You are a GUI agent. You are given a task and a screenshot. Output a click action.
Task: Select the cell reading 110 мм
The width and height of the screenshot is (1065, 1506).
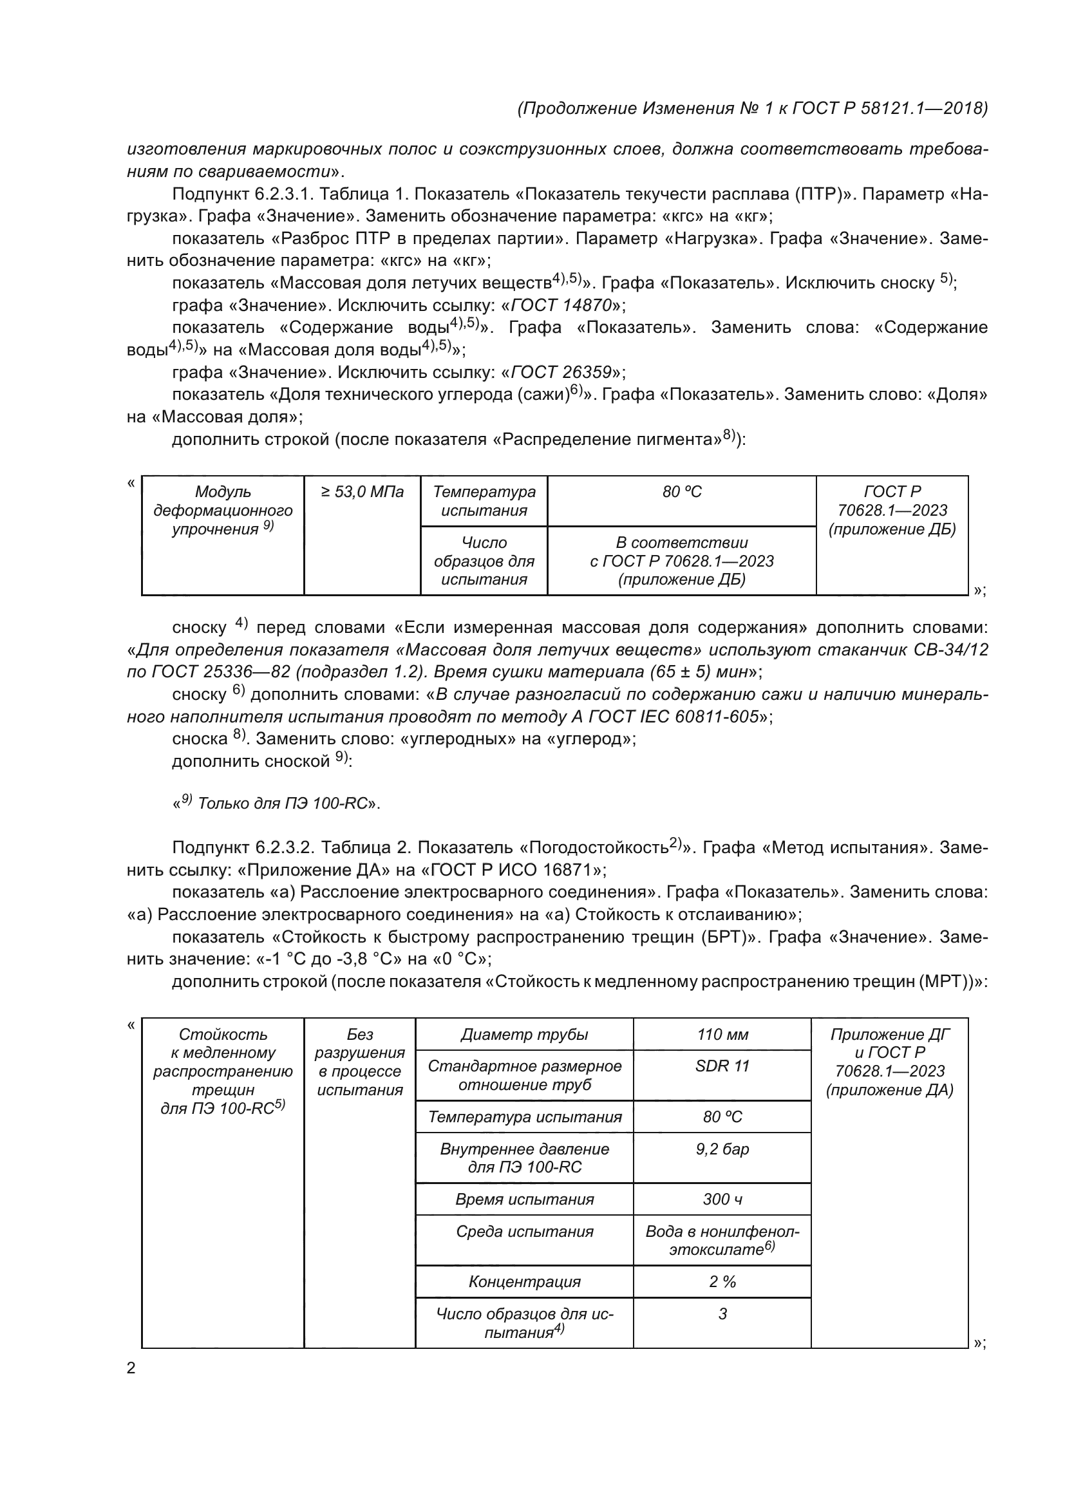click(x=722, y=1035)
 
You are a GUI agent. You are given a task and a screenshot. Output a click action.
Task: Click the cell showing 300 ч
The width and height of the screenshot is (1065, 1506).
click(x=722, y=1199)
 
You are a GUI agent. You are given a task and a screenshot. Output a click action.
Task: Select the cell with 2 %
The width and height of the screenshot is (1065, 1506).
click(x=722, y=1281)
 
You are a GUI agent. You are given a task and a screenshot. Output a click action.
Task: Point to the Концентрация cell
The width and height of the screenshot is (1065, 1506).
click(x=524, y=1281)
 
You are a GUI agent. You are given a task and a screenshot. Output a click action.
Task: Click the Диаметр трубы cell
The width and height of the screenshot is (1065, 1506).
click(x=524, y=1035)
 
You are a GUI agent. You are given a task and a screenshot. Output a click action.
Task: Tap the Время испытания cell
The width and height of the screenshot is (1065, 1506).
click(x=524, y=1199)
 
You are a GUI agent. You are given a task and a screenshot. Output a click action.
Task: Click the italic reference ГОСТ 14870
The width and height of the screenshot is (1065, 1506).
click(x=562, y=305)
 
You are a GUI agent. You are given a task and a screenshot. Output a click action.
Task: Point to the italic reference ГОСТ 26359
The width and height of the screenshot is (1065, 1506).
click(x=562, y=372)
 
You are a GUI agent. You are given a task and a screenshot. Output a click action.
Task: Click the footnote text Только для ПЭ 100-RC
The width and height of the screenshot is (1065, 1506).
click(x=282, y=803)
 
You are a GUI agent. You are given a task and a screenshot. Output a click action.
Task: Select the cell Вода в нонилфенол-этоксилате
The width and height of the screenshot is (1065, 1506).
click(x=722, y=1240)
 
